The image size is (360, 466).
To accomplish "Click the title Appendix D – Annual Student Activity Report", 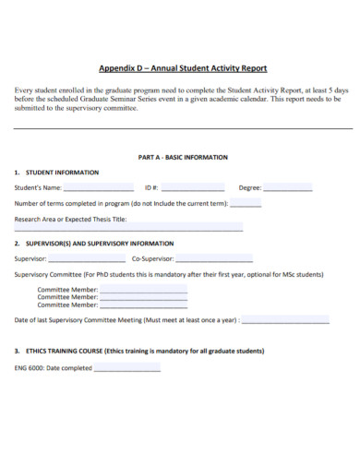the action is point(183,67).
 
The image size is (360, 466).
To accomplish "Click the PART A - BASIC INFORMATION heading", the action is point(183,157).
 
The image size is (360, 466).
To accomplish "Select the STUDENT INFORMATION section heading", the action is point(56,173).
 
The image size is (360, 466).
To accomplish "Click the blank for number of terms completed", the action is point(245,204).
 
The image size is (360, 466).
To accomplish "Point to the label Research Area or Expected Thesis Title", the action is point(71,220).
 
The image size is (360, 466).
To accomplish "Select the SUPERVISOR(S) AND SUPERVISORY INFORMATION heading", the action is point(94,244).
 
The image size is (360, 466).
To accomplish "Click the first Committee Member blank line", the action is point(143,290).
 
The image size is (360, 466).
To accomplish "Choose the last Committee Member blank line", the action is point(143,305).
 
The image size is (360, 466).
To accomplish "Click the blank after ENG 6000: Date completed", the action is point(127,369).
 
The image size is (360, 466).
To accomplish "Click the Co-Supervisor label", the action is point(152,258).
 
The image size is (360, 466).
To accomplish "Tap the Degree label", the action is point(250,188).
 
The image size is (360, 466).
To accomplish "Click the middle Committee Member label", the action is point(66,297).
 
